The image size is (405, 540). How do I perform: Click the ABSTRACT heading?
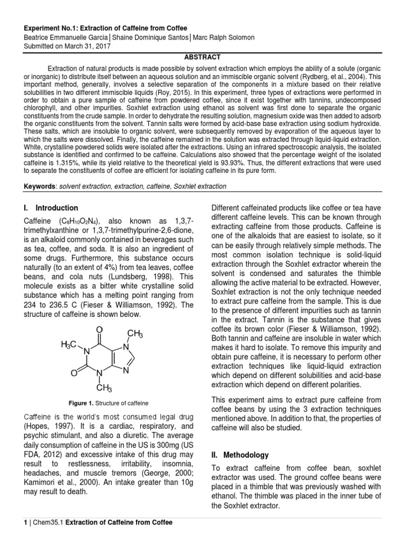(202, 57)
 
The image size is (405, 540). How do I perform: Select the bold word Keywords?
(40, 187)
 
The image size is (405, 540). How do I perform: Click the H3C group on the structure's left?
(70, 344)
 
